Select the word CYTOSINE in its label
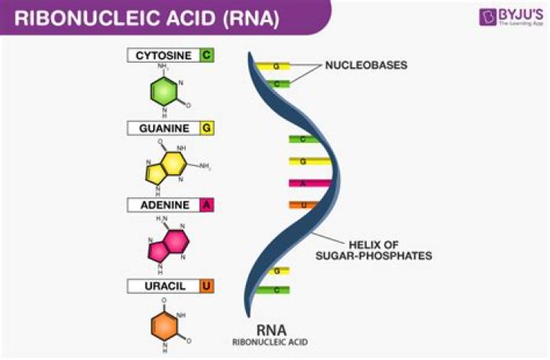pos(163,56)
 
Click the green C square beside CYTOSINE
pos(206,56)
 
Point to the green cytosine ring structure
pos(166,90)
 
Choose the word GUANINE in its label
pos(163,128)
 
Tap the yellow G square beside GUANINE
pos(206,128)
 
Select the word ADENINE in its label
pos(163,205)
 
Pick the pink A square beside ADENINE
pos(206,205)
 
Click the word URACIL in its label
pos(163,286)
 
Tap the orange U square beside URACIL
pos(206,286)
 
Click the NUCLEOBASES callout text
pos(366,66)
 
